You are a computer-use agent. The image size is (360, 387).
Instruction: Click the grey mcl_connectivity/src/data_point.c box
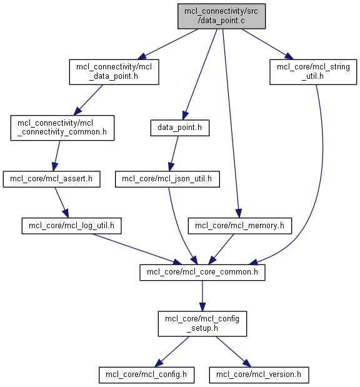(x=221, y=16)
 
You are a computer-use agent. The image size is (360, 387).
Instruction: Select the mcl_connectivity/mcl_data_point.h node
(x=114, y=72)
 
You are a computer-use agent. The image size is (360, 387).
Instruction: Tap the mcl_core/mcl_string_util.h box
(x=313, y=72)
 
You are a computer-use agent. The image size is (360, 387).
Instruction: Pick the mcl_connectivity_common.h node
(x=62, y=128)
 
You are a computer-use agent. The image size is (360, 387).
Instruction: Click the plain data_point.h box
(x=180, y=128)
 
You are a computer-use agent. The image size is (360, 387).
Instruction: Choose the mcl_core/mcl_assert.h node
(x=52, y=179)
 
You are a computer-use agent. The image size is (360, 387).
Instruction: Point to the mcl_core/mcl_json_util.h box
(x=167, y=179)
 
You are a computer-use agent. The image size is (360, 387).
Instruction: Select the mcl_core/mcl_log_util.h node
(x=71, y=226)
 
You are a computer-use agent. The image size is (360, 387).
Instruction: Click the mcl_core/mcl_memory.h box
(x=240, y=226)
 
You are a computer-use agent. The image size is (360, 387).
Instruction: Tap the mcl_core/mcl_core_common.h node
(x=202, y=272)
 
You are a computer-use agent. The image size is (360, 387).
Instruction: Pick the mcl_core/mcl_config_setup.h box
(x=202, y=324)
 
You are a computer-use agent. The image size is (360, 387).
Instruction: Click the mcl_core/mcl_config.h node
(x=147, y=375)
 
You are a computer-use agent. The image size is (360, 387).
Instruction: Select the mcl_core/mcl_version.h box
(x=259, y=375)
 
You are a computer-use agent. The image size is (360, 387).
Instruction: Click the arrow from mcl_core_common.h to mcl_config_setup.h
(x=202, y=296)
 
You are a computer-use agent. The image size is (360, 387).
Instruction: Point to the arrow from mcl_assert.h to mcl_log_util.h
(x=61, y=203)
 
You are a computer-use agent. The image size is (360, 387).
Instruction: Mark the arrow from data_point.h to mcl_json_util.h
(x=174, y=154)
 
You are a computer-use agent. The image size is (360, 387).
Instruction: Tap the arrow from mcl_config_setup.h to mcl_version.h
(x=233, y=352)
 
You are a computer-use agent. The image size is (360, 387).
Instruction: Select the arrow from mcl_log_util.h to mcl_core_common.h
(x=137, y=249)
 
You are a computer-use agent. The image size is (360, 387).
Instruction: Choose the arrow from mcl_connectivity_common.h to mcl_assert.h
(x=56, y=156)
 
